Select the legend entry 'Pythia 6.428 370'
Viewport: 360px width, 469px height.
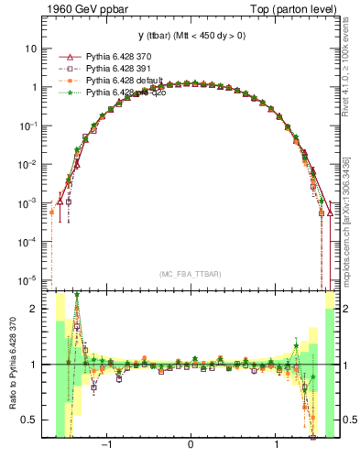click(123, 57)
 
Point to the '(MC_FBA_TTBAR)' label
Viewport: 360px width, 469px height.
click(190, 274)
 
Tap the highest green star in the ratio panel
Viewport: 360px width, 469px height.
click(77, 295)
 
